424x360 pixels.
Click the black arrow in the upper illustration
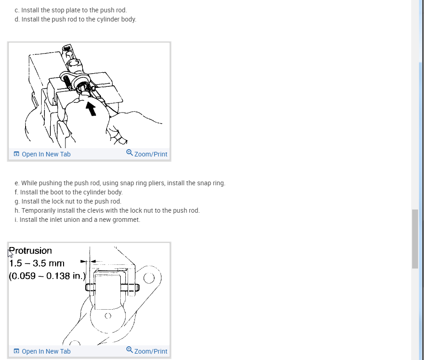pos(91,109)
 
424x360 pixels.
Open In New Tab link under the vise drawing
pos(42,154)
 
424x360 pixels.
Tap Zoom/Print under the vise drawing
pos(147,154)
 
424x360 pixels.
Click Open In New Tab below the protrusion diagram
pos(42,351)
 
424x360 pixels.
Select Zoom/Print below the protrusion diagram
pos(147,351)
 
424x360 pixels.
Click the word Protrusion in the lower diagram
pos(30,251)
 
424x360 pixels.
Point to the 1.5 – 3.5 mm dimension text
pos(37,263)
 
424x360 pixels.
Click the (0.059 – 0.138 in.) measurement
pos(47,276)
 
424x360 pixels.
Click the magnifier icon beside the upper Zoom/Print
pos(129,153)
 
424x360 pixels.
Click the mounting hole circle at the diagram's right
pos(149,278)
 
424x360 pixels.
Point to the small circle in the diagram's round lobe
pos(108,316)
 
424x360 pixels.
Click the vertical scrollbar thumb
pos(415,239)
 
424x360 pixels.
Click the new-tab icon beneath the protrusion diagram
pos(16,351)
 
